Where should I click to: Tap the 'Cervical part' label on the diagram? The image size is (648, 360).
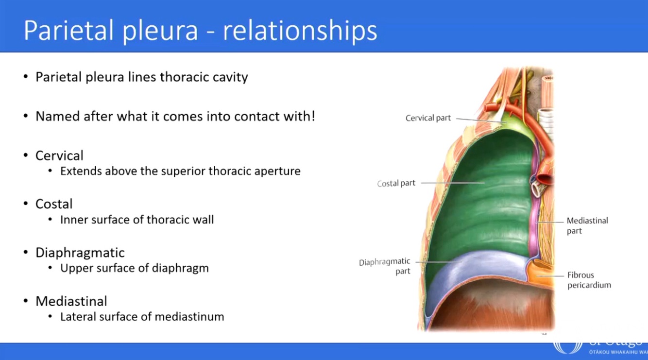[428, 118]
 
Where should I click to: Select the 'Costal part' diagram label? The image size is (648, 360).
[396, 184]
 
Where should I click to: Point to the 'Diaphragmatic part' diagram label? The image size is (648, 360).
[385, 267]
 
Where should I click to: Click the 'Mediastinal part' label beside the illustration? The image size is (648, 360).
[587, 225]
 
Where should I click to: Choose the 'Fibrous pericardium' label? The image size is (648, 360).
[589, 280]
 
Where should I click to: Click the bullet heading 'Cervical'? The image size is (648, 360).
[59, 155]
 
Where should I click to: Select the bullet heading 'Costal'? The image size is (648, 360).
[54, 204]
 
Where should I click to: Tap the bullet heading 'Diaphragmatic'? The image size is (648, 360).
[80, 253]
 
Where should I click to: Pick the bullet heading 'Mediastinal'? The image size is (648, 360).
[71, 301]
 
